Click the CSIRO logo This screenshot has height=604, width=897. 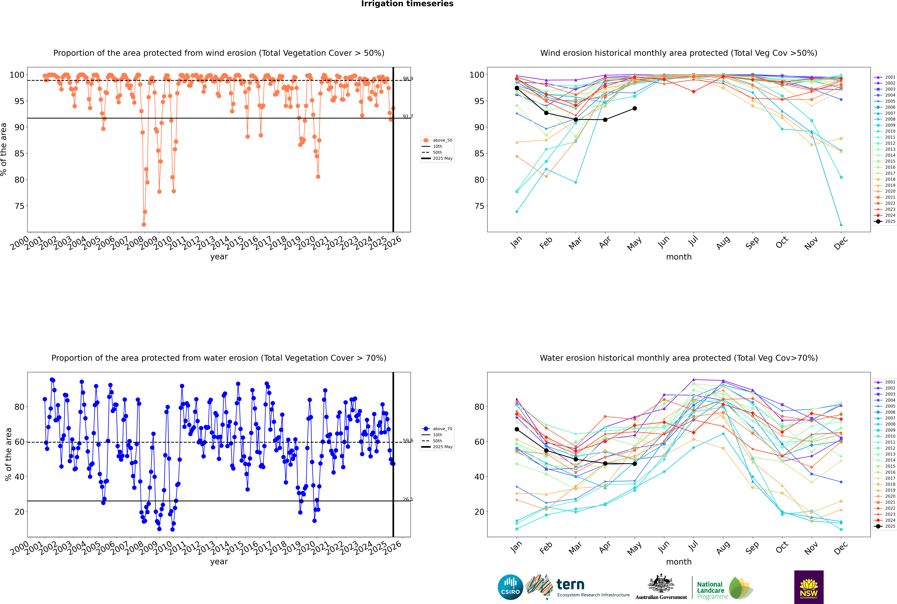coord(510,587)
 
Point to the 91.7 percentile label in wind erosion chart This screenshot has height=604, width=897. coord(408,116)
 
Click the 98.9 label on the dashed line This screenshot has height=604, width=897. coord(408,79)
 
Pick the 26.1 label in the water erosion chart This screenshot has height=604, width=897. coord(408,499)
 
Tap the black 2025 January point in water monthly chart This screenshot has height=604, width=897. coord(517,429)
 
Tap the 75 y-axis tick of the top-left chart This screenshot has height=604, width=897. coord(19,206)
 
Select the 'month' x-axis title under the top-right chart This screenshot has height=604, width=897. coord(679,257)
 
